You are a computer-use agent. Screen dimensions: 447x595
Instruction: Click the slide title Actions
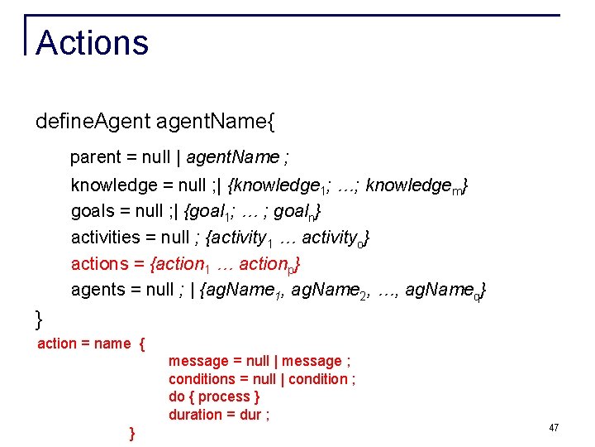pos(93,43)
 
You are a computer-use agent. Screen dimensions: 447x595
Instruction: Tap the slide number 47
pos(554,428)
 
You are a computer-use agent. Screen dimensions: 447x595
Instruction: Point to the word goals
pos(93,210)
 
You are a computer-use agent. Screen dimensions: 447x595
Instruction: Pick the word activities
pos(106,238)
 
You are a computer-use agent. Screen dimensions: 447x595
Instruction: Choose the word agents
pos(98,290)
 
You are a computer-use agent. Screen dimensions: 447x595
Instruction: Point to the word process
pos(224,397)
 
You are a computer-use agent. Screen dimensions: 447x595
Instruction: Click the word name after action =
pos(112,344)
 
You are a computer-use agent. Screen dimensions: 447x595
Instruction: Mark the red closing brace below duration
pos(133,433)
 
